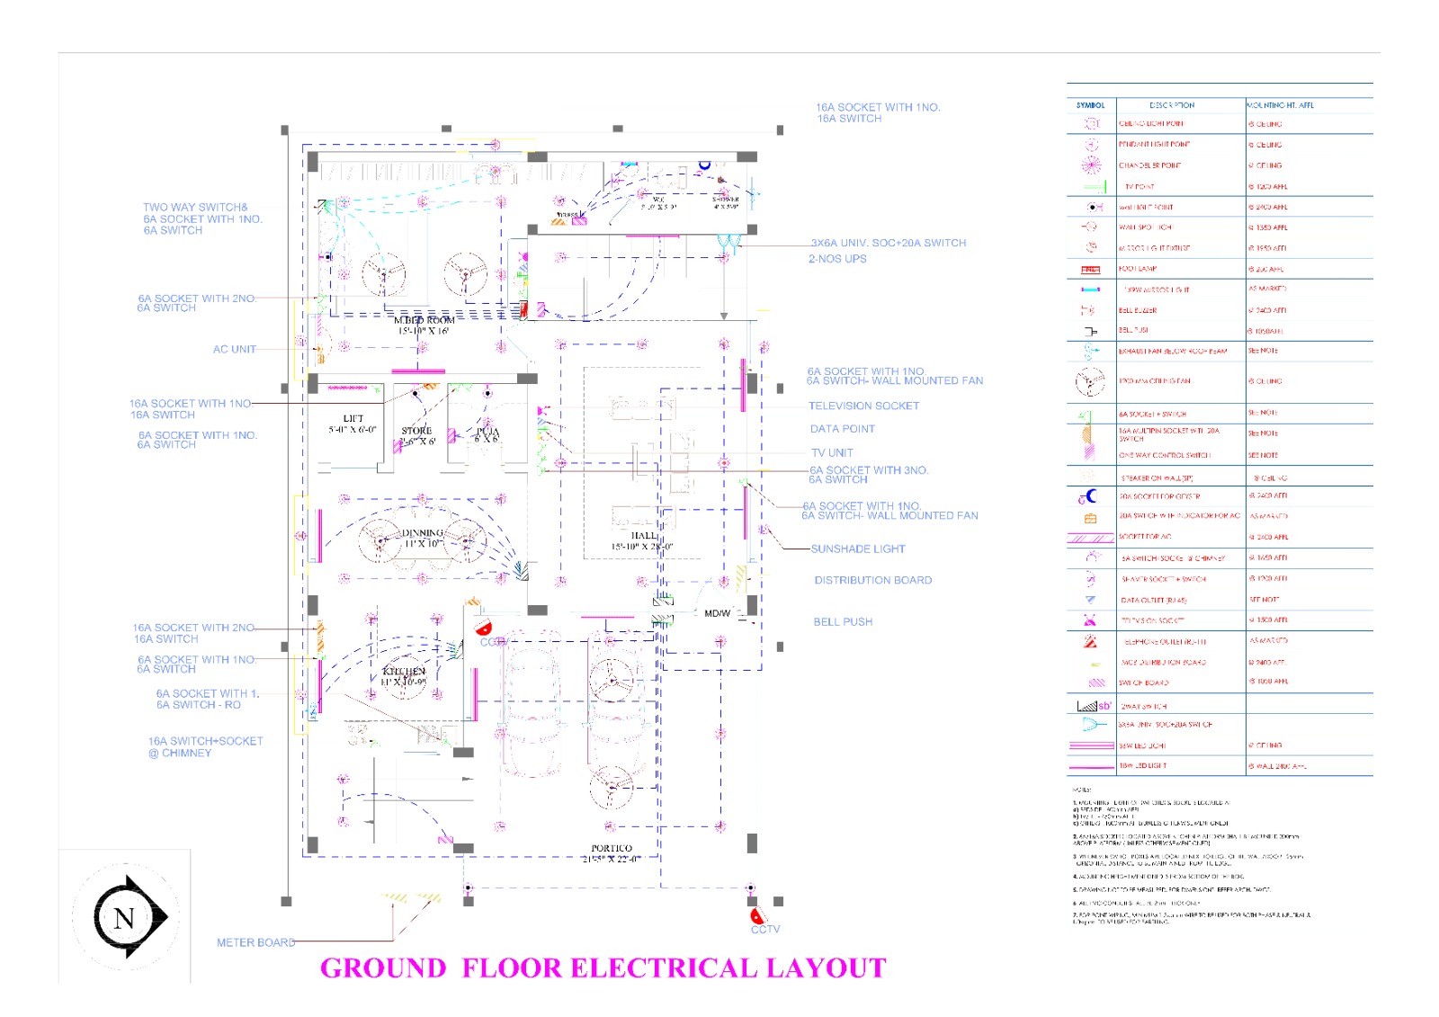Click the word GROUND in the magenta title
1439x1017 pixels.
(383, 968)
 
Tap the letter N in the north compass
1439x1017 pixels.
(124, 918)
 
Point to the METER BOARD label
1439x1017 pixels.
(255, 942)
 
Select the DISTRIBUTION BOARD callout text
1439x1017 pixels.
(872, 581)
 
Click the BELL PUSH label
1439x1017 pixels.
(843, 622)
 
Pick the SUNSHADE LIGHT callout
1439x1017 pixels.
(857, 549)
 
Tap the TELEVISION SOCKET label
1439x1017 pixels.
(863, 406)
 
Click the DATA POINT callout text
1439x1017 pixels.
(842, 429)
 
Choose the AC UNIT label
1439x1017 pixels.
(234, 350)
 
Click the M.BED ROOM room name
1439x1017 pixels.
(424, 320)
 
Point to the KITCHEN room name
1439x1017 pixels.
(404, 672)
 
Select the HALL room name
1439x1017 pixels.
(643, 536)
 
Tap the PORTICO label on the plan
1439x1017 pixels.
(612, 848)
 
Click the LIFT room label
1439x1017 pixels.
(353, 419)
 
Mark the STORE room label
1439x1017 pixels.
(416, 431)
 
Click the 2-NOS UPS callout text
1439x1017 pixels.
(837, 259)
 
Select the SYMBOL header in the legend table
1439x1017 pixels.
(1090, 105)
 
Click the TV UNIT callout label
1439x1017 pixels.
(832, 453)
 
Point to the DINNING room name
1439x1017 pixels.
(423, 533)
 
